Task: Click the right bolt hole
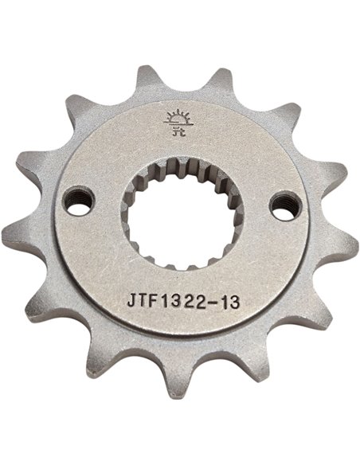(x=280, y=204)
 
